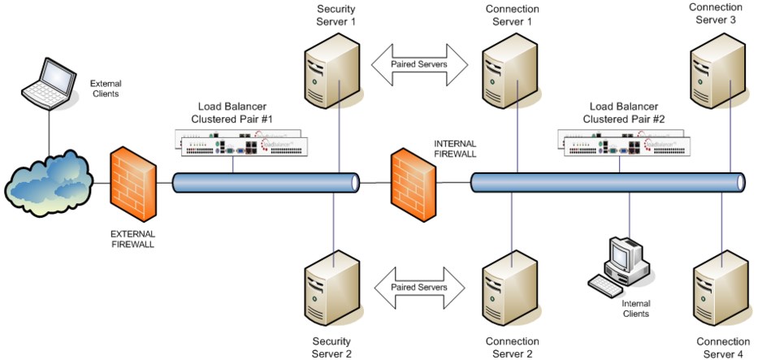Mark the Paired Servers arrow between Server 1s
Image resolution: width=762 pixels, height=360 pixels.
tap(418, 63)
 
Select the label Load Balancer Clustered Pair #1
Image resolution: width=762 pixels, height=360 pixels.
tap(238, 112)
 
